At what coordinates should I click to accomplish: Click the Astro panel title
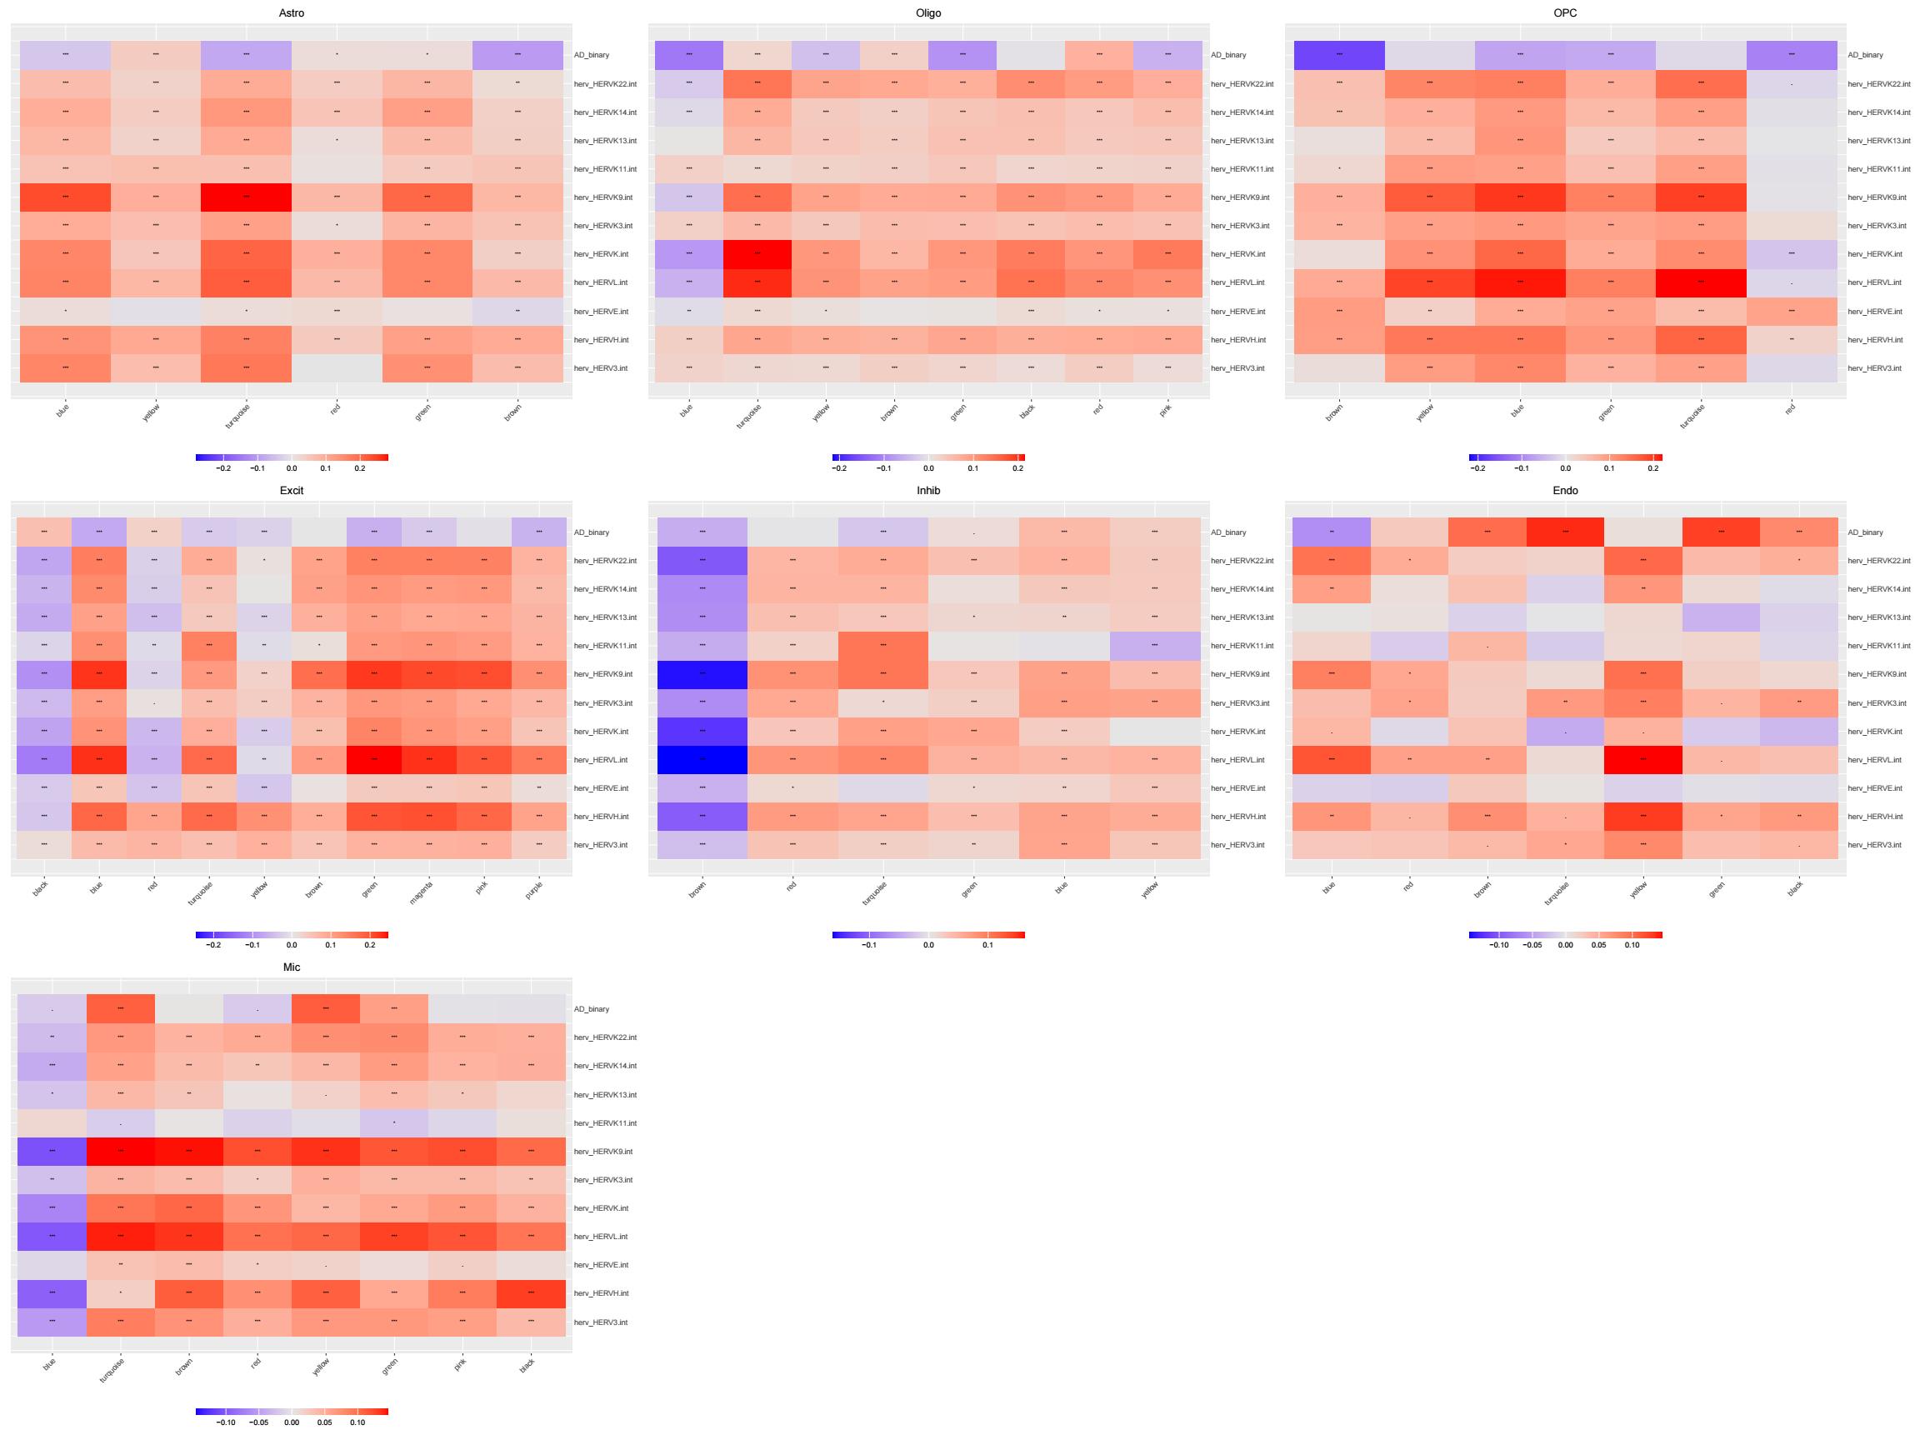pyautogui.click(x=292, y=13)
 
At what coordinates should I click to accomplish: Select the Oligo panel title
pyautogui.click(x=927, y=13)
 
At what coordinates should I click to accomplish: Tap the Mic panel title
pyautogui.click(x=292, y=967)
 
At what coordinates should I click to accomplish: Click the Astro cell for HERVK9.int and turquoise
pyautogui.click(x=247, y=197)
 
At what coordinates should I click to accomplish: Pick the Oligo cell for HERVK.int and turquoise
pyautogui.click(x=757, y=254)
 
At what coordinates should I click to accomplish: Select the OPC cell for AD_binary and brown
pyautogui.click(x=1338, y=55)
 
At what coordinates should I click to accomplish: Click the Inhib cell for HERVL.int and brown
pyautogui.click(x=702, y=759)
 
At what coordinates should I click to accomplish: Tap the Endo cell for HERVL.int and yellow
pyautogui.click(x=1643, y=759)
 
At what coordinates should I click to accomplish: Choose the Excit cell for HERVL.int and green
pyautogui.click(x=374, y=759)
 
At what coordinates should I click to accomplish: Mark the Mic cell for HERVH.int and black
pyautogui.click(x=531, y=1293)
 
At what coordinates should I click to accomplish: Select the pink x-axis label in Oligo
pyautogui.click(x=1165, y=410)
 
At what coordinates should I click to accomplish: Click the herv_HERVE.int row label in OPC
pyautogui.click(x=1875, y=312)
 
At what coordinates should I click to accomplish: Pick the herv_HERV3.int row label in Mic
pyautogui.click(x=601, y=1322)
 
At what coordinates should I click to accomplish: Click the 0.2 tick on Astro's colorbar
pyautogui.click(x=359, y=467)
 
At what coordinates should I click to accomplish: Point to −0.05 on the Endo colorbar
pyautogui.click(x=1532, y=945)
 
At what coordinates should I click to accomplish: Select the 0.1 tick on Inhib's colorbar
pyautogui.click(x=987, y=945)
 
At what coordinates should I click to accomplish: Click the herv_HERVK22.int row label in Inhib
pyautogui.click(x=1242, y=561)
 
